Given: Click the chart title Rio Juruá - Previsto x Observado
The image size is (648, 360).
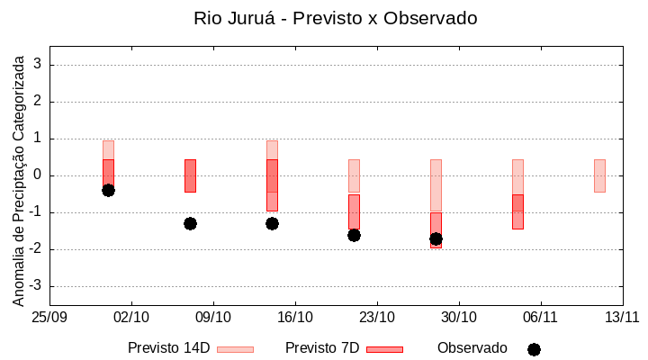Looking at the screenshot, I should [x=336, y=19].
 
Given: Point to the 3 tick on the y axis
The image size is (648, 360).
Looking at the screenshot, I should [x=38, y=65].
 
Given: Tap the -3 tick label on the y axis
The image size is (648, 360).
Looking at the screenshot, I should [x=35, y=286].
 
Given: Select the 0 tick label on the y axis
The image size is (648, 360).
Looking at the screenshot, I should [x=38, y=175].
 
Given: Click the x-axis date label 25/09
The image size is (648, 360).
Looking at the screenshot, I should [x=49, y=317].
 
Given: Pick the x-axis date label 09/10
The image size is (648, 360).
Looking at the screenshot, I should [x=213, y=317].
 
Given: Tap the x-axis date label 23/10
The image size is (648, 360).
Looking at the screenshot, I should [x=377, y=317].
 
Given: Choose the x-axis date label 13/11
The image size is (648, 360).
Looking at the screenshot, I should [x=622, y=317].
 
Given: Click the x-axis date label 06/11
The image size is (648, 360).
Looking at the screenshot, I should [x=540, y=317].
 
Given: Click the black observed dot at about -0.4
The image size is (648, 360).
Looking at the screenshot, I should [x=108, y=190].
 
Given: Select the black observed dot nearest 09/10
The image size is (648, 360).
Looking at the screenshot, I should [x=190, y=223].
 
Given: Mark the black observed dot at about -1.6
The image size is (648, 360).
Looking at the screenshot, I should [x=354, y=235].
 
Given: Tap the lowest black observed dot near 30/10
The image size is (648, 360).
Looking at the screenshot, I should [x=436, y=238].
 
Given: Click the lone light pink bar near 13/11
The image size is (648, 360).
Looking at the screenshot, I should [x=599, y=175].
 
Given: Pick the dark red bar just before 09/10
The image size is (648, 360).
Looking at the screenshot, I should [x=190, y=175].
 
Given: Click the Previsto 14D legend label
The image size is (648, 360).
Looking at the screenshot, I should [x=168, y=348].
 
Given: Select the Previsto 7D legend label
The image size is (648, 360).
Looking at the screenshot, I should [x=322, y=348].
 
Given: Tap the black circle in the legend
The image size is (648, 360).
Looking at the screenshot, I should [x=534, y=349].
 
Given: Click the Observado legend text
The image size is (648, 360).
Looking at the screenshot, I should [x=472, y=348].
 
